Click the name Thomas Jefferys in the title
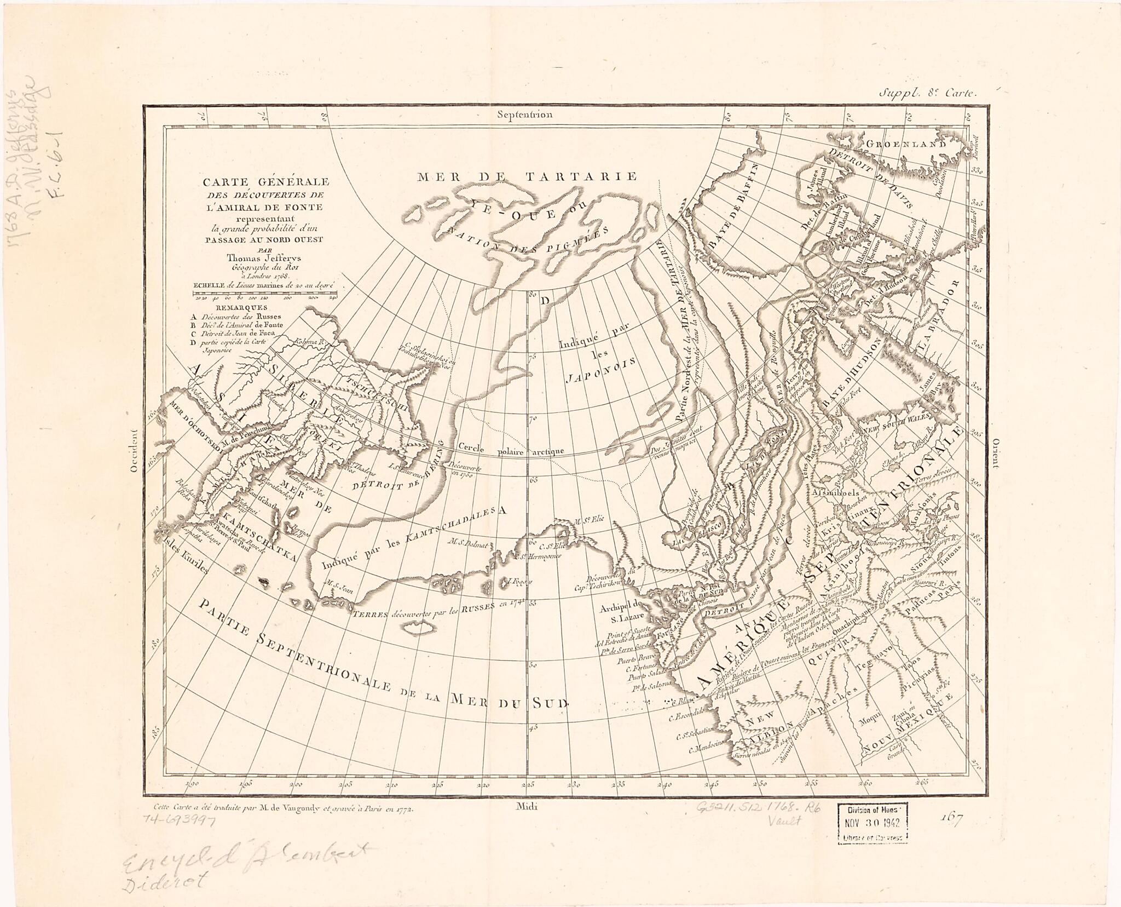click(262, 259)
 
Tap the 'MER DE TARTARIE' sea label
click(527, 176)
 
